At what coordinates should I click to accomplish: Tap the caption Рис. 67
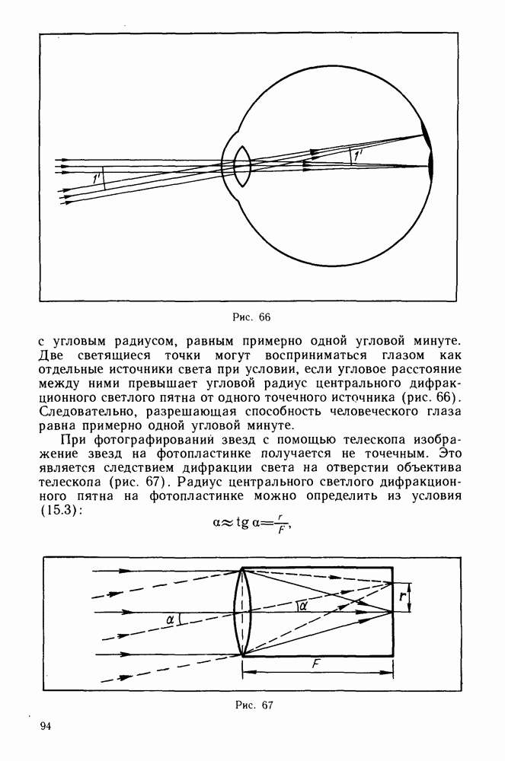point(253,704)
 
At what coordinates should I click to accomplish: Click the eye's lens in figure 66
point(243,166)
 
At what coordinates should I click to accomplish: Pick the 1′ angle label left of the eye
point(95,178)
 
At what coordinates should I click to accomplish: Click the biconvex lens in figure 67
point(243,611)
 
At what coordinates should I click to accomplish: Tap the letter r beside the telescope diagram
point(402,597)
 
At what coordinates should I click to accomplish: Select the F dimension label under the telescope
point(316,664)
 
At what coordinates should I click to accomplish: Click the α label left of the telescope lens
point(171,620)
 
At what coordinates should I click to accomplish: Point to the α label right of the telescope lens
point(302,606)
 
